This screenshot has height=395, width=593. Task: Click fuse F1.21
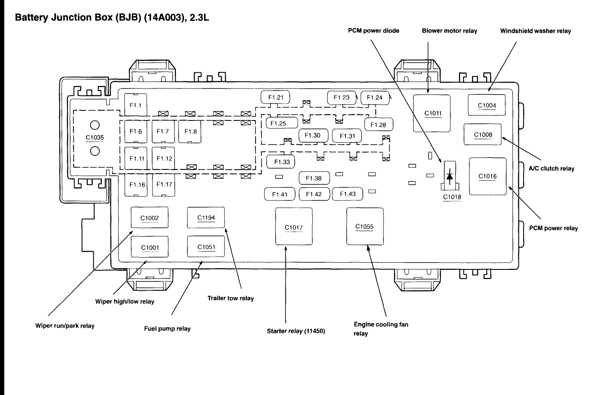[x=275, y=97]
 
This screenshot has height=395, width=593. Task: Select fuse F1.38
[x=314, y=178]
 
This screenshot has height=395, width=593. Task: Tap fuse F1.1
[x=135, y=105]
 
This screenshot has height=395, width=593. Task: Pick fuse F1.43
[x=348, y=194]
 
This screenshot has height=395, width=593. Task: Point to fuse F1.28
[x=379, y=124]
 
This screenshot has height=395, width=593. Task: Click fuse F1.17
[x=164, y=185]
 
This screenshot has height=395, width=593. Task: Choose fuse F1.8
[x=190, y=132]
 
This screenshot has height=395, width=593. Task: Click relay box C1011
[x=432, y=113]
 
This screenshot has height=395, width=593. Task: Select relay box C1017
[x=294, y=226]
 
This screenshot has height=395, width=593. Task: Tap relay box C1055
[x=365, y=226]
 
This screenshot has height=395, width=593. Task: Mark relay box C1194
[x=206, y=218]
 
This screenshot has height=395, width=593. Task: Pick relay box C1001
[x=150, y=246]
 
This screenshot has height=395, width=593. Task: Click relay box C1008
[x=483, y=135]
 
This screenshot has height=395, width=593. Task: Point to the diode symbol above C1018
[x=449, y=176]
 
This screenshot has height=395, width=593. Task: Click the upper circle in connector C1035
[x=95, y=125]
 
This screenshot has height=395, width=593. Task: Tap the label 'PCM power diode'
[x=374, y=31]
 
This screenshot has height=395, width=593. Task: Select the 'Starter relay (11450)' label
[x=296, y=331]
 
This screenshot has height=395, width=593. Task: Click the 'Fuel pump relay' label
[x=167, y=329]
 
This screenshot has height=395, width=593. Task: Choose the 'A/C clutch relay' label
[x=551, y=169]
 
